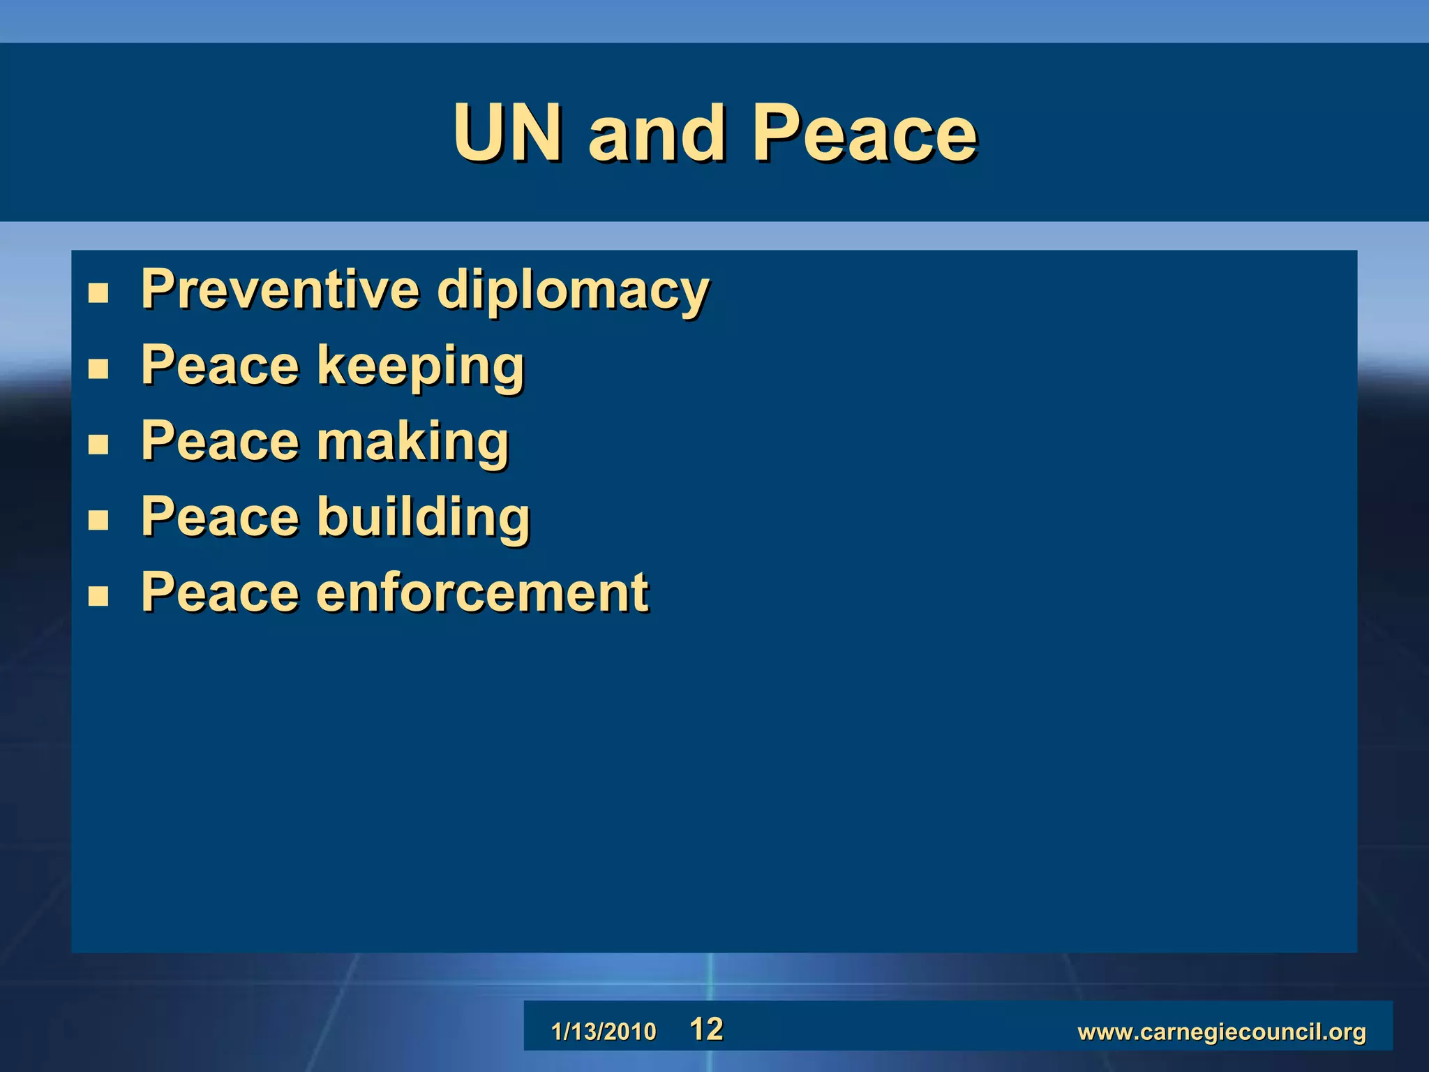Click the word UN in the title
coord(507,133)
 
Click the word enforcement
coord(482,593)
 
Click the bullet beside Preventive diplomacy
coord(98,293)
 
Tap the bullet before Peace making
coord(98,445)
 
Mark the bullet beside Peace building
coord(98,520)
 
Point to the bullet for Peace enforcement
coord(98,596)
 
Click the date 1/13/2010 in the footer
coord(604,1032)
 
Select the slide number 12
coord(706,1029)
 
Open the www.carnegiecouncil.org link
coord(1222,1032)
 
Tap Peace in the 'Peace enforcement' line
coord(220,593)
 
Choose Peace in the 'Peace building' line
coord(220,517)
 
